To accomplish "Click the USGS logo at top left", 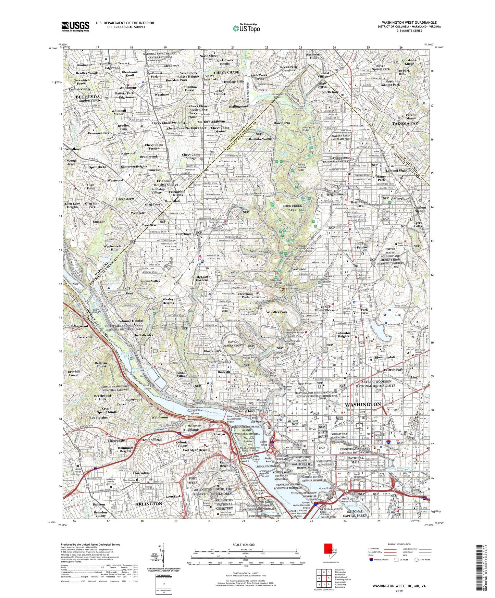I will pos(75,26).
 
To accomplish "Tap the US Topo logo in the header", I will pos(246,28).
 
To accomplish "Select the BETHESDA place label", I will pos(88,97).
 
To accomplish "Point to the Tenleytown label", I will pos(183,234).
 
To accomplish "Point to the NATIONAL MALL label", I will pos(356,460).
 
